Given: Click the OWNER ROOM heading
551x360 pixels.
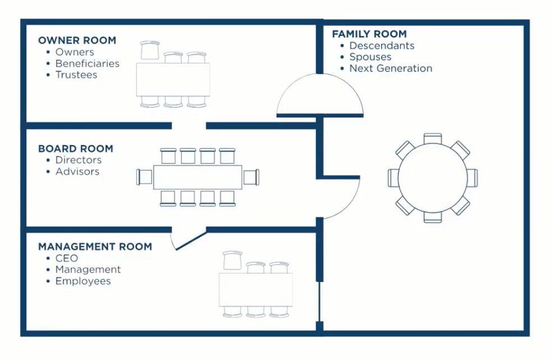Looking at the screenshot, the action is coord(77,40).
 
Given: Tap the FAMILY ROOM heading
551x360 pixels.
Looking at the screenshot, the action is coord(369,34).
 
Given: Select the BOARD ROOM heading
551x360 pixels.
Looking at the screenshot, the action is coord(76,149).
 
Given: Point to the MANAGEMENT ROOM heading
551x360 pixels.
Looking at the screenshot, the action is coord(95,246).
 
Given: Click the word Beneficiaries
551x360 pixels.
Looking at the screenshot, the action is coord(87,63).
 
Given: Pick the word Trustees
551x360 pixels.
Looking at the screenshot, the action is coord(76,75).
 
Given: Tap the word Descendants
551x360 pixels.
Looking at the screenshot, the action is coord(382,46).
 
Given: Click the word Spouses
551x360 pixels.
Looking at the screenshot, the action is coord(371,57).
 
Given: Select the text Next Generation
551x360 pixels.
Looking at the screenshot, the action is coord(391,68).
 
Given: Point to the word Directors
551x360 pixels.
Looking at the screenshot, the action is coord(78,160).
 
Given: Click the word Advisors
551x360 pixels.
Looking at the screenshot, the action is coord(77,172).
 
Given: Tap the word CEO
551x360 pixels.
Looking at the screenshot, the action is coord(66,259).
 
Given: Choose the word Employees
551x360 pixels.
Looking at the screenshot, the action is coord(83,281).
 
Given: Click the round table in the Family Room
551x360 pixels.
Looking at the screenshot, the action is coord(433,178).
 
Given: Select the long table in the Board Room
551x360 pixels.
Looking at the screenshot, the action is coord(198,177).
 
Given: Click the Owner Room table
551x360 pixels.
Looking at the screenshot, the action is coord(173,80).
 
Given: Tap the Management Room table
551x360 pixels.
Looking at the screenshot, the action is coord(256,290).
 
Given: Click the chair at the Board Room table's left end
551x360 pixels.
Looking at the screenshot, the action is coord(144,177).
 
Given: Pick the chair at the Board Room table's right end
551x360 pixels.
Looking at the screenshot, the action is coord(252,177).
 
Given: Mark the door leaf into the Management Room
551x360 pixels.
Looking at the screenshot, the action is coord(191,241).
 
